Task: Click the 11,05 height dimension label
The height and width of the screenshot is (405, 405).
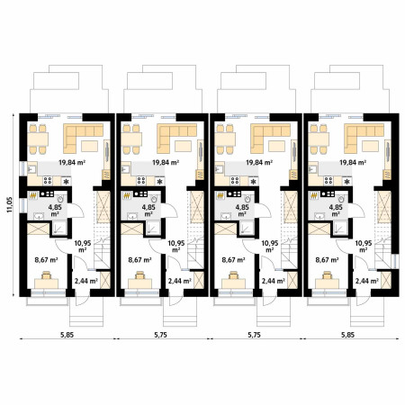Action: click(x=10, y=204)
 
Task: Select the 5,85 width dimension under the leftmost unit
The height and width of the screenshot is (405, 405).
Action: click(x=67, y=335)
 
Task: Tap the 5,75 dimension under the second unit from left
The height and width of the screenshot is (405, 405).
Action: click(x=161, y=335)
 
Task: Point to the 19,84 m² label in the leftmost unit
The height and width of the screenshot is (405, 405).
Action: click(x=72, y=163)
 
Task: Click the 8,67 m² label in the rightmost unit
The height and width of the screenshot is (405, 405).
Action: click(x=327, y=260)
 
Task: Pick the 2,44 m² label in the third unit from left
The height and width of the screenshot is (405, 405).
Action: click(x=273, y=281)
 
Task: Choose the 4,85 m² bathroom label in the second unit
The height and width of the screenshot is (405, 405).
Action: click(x=148, y=211)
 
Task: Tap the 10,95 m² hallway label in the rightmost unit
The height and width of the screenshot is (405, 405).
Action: click(x=364, y=246)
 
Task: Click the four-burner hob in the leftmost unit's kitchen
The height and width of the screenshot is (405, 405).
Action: click(x=48, y=180)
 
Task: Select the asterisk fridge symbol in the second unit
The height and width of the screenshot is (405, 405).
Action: click(x=160, y=181)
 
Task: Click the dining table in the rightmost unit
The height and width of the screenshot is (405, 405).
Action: click(x=319, y=139)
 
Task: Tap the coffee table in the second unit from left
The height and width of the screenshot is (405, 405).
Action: click(x=183, y=146)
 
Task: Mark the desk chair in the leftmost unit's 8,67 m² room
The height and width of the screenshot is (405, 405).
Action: click(x=46, y=274)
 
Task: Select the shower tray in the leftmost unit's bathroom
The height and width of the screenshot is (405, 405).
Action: click(x=59, y=228)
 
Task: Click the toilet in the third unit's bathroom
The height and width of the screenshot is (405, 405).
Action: click(x=247, y=198)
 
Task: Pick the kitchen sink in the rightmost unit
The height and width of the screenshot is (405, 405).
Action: click(x=312, y=170)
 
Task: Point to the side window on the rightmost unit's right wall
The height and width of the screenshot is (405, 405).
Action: click(x=397, y=261)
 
